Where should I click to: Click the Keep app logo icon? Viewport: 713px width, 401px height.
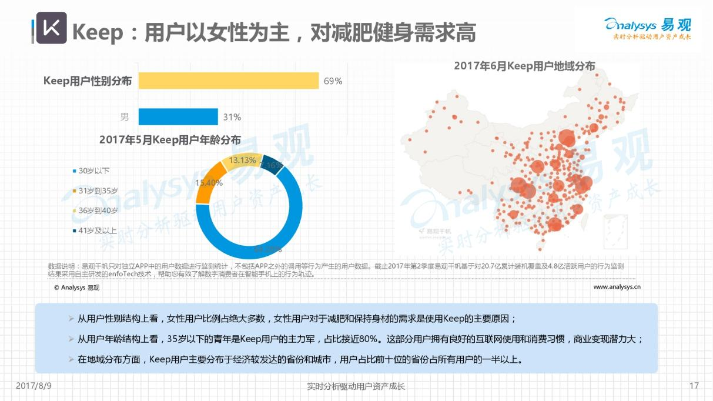52,28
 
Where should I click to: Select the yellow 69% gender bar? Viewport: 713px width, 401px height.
229,81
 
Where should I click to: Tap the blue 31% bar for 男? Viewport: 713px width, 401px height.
178,117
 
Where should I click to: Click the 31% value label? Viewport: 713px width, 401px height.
232,117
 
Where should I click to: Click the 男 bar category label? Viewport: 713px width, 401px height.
125,117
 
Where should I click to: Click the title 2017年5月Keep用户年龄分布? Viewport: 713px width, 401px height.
170,140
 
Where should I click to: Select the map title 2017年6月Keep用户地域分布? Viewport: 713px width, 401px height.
524,66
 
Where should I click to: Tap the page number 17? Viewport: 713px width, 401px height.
694,386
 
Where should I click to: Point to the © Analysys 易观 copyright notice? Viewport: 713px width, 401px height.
76,288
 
